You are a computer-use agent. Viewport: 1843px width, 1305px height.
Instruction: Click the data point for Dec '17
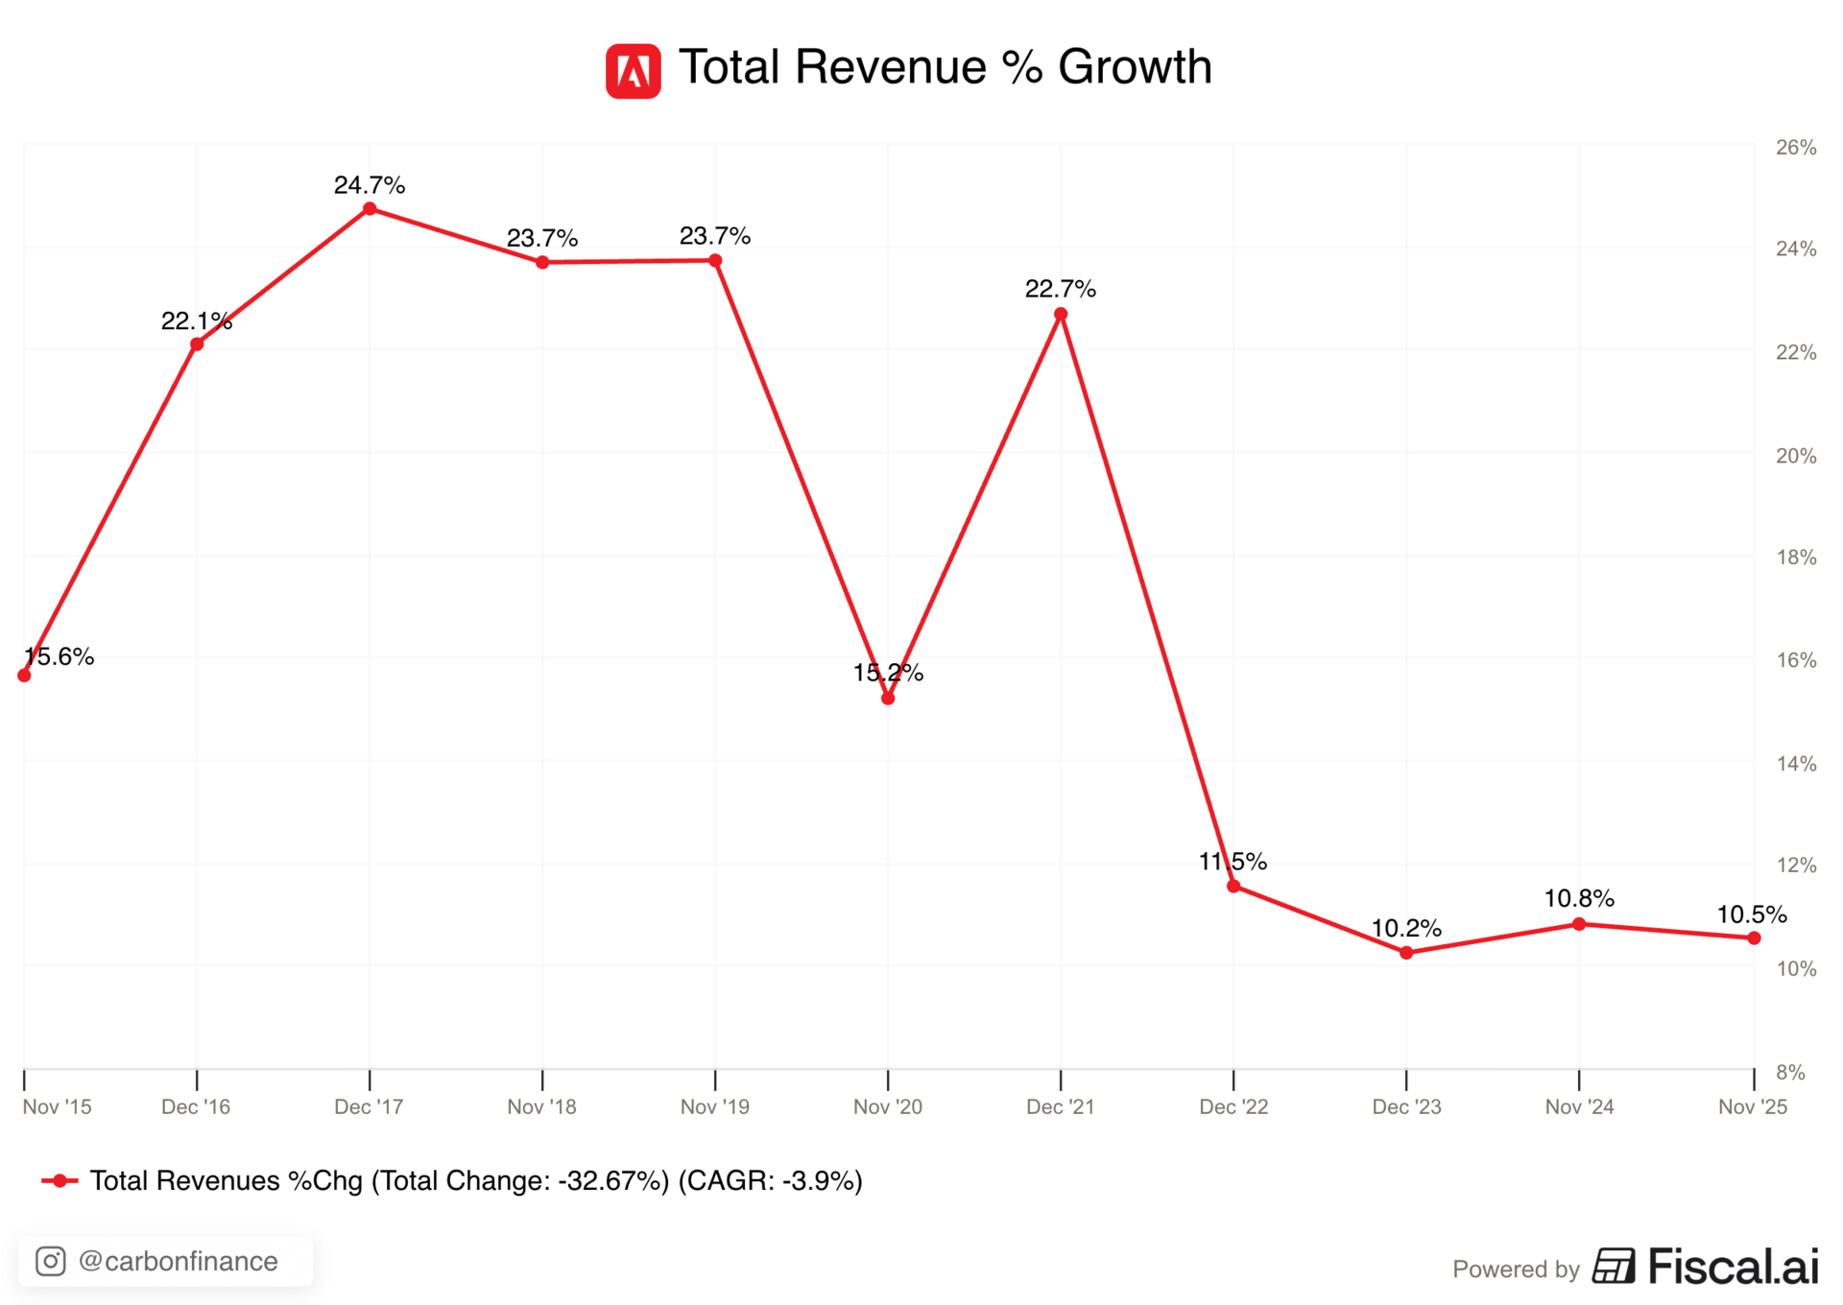[370, 209]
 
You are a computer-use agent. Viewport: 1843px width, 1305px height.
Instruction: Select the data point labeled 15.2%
[888, 699]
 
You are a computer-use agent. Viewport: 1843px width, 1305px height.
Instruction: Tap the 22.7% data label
[1060, 289]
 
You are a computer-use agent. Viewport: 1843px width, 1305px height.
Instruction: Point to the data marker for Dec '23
[1406, 953]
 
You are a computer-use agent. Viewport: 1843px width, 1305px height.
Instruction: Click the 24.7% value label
[370, 185]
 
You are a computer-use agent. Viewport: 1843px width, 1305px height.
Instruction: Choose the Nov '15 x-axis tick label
[58, 1106]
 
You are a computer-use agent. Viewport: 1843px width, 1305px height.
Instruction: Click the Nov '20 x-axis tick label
[888, 1106]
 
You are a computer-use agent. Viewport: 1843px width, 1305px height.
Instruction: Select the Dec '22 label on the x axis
[1233, 1106]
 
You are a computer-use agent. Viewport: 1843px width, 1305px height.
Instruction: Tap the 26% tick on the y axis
[1796, 148]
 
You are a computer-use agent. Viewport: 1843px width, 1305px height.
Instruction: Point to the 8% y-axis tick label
[1790, 1072]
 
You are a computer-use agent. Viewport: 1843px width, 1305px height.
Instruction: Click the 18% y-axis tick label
[1796, 558]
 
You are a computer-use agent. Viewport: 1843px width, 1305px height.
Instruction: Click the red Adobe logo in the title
[633, 71]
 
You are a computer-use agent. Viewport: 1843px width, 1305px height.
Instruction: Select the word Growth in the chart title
[1135, 67]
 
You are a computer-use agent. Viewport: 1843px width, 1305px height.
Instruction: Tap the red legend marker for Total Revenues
[60, 1180]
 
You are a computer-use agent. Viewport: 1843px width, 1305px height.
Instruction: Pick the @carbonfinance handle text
[179, 1261]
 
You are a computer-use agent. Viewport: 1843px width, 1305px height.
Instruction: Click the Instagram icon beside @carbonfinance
[51, 1261]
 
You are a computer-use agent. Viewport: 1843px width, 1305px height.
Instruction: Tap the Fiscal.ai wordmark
[1733, 1267]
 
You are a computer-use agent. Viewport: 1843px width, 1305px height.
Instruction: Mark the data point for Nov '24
[1579, 924]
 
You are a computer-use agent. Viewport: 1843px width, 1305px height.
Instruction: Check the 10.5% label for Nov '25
[1751, 914]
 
